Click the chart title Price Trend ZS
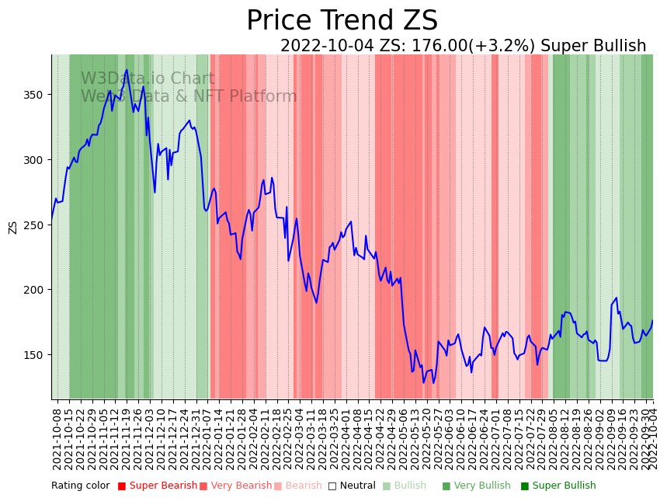[x=342, y=21]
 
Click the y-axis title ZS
[x=12, y=226]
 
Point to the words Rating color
[x=81, y=486]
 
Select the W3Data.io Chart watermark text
[x=148, y=78]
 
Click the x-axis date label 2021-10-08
[x=57, y=435]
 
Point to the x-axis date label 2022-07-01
[x=495, y=435]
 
